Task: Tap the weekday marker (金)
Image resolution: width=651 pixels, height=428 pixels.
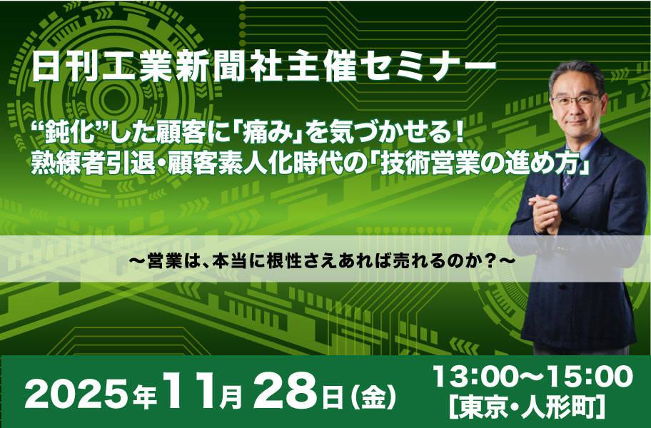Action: pos(372,397)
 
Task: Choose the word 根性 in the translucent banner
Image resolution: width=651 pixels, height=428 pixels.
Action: pos(283,262)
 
